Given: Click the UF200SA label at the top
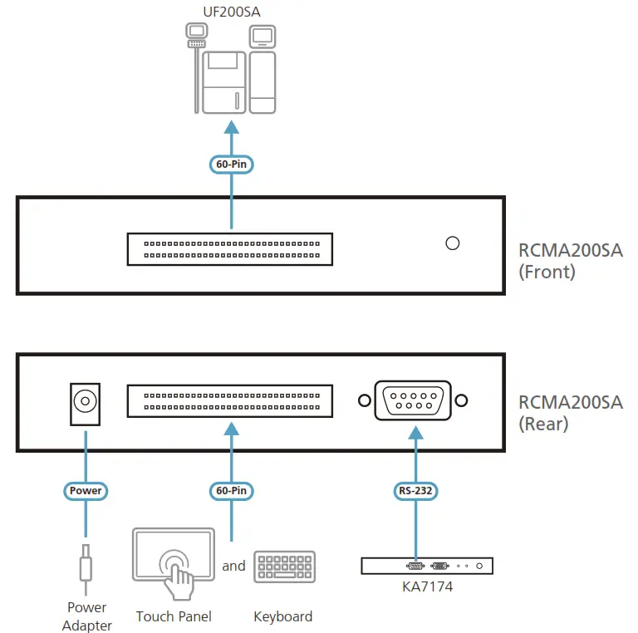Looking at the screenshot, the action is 232,12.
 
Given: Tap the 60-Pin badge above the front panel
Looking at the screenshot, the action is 232,164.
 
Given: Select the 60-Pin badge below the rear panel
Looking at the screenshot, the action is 232,491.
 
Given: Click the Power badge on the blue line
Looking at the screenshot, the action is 86,491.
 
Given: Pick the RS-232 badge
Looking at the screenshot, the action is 415,491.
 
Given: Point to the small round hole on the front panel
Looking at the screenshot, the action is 453,243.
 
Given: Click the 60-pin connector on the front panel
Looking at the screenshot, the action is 230,249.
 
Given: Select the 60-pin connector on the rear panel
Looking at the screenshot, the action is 230,401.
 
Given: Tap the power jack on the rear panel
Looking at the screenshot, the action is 85,404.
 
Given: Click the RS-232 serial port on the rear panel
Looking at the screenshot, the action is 413,400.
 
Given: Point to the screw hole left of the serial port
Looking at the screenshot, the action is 365,400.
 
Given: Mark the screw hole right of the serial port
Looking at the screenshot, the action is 461,400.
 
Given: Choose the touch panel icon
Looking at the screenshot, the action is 174,563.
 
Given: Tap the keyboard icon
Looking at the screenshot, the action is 284,567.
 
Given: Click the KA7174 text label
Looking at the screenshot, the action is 427,586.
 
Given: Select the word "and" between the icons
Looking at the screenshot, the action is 233,566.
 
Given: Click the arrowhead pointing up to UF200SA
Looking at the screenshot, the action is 232,127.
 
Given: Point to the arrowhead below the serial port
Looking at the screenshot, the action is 415,433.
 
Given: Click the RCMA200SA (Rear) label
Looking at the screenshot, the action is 571,413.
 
